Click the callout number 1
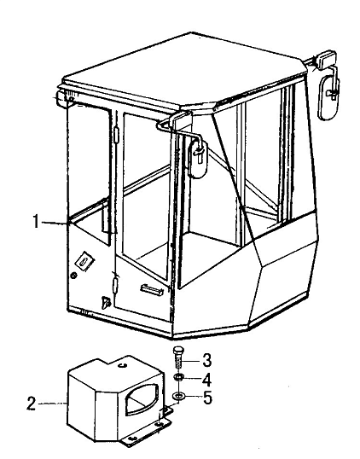(x=36, y=221)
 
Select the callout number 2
(x=32, y=404)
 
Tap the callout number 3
(x=207, y=360)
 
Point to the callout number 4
(x=206, y=380)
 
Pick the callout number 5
(x=207, y=398)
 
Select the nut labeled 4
(x=178, y=377)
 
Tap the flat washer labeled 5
(x=178, y=397)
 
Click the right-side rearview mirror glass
(x=328, y=98)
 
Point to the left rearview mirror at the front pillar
(x=198, y=159)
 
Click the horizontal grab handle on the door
(x=152, y=289)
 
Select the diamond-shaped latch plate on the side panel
(x=84, y=261)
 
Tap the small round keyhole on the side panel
(x=73, y=276)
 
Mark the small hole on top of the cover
(x=123, y=365)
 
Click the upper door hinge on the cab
(x=117, y=136)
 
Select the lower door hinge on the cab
(x=115, y=286)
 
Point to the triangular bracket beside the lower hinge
(x=105, y=303)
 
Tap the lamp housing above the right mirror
(x=324, y=61)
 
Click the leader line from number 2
(x=53, y=404)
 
